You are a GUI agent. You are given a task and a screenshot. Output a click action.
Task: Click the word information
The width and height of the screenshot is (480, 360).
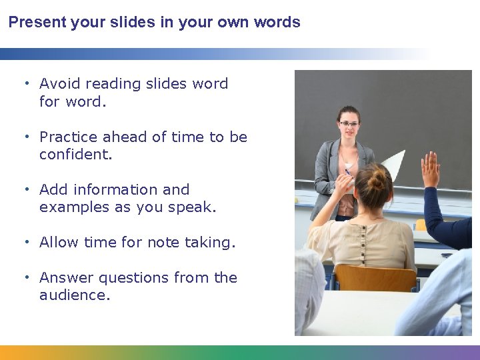111,190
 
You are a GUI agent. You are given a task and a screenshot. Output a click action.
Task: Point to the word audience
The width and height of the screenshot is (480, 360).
74,295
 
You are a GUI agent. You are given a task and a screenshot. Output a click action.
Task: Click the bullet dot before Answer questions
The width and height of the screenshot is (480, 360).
27,277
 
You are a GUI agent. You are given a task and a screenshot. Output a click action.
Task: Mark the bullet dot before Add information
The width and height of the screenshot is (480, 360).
27,189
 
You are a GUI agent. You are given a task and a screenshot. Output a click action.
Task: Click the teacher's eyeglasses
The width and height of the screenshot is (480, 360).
348,124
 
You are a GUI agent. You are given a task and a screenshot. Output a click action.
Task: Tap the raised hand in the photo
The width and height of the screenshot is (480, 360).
431,169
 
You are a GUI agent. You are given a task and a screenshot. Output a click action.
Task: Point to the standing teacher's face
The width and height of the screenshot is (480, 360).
349,128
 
